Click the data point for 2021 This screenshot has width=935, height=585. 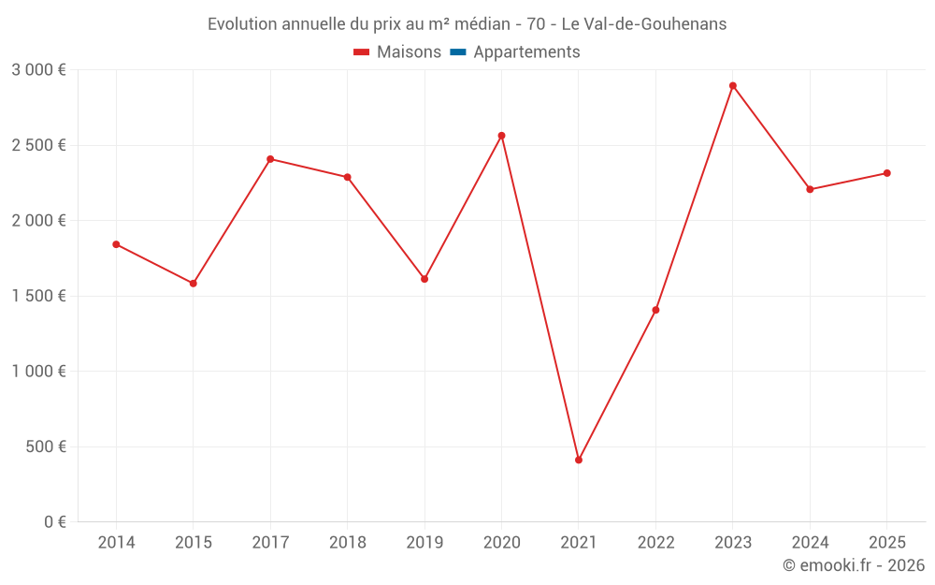[579, 460]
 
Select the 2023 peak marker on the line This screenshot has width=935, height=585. [733, 86]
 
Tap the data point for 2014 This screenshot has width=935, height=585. [116, 244]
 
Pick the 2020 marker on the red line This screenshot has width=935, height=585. [501, 136]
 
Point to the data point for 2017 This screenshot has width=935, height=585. [270, 159]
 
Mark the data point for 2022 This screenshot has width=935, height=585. [655, 310]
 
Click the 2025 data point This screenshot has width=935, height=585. [886, 173]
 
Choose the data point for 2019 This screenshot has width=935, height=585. [424, 279]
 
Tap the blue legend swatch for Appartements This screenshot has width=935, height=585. [458, 52]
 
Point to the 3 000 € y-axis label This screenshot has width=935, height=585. [38, 70]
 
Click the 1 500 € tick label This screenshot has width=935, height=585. [38, 296]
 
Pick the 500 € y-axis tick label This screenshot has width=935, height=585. [45, 446]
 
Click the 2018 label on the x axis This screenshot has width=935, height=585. [347, 543]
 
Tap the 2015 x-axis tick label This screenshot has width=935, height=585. [194, 543]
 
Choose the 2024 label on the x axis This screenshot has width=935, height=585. [810, 543]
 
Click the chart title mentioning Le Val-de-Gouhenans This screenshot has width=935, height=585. [467, 24]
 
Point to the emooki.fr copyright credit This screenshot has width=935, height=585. [853, 565]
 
